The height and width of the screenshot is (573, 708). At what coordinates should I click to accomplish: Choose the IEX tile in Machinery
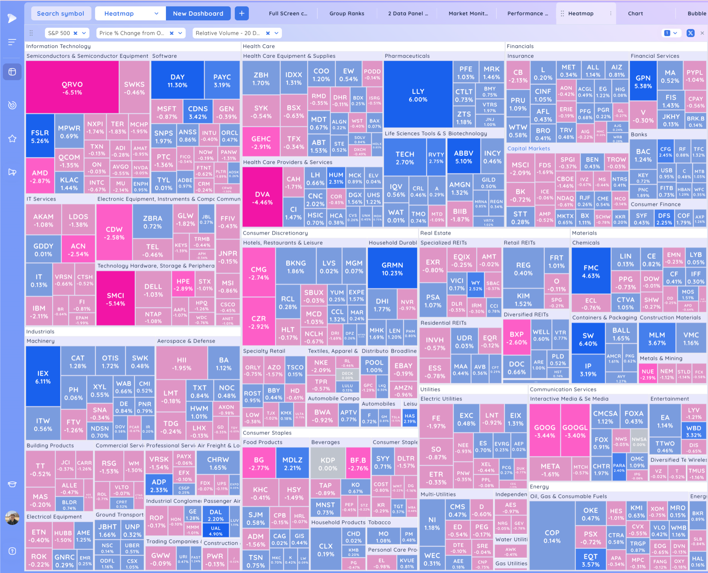click(43, 377)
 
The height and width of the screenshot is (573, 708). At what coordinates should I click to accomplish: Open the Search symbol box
click(61, 14)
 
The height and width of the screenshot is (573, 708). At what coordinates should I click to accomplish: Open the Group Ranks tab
click(347, 14)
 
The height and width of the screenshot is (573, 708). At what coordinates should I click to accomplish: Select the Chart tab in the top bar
click(635, 14)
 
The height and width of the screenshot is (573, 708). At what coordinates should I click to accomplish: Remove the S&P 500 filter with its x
click(76, 33)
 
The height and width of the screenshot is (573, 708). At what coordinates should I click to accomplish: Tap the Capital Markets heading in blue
click(529, 149)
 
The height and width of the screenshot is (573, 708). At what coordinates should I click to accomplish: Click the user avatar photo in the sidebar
click(12, 517)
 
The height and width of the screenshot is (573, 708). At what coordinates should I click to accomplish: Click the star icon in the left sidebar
click(12, 139)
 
